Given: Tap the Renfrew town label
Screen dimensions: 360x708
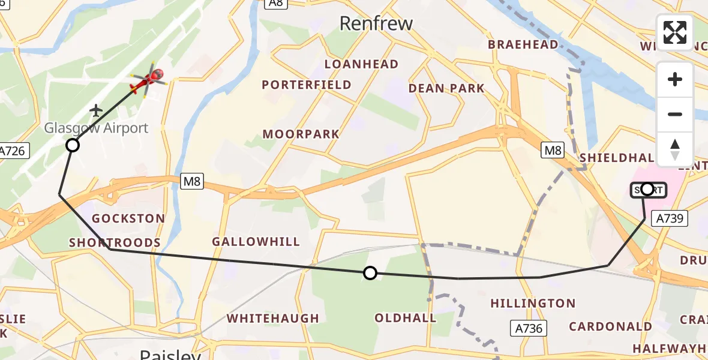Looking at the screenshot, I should (376, 23).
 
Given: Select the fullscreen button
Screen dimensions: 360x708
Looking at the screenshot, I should (675, 32).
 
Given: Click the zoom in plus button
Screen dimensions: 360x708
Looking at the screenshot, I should (675, 79).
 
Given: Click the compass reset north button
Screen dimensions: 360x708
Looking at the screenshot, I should (675, 149).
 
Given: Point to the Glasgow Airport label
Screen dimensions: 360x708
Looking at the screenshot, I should (96, 128).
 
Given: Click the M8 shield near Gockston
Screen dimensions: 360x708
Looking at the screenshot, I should (191, 181).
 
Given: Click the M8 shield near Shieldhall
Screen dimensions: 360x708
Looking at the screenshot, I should (553, 150).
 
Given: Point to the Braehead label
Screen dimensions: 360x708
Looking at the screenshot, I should (523, 45).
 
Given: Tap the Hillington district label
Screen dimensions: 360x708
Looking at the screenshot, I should (533, 304).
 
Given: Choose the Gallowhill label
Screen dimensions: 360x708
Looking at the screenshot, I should (256, 242).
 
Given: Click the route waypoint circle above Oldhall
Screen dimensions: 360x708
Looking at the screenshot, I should (370, 274).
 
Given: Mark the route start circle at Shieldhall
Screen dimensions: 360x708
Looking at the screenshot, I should (647, 190).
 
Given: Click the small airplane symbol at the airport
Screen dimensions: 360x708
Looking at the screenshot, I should (96, 110).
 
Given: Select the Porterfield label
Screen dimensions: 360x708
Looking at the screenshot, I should (307, 85).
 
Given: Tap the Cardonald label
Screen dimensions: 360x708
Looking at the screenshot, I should (610, 326).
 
